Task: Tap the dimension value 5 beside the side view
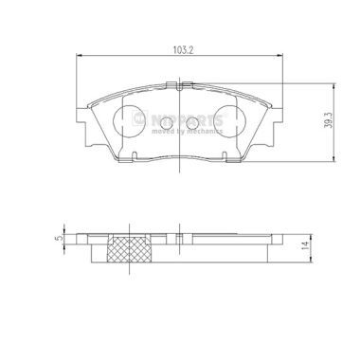[x=58, y=239]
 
